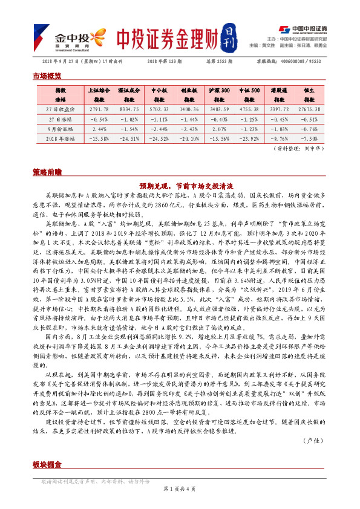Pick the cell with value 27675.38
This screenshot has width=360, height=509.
pyautogui.click(x=310, y=109)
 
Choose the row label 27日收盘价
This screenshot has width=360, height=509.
pyautogui.click(x=60, y=109)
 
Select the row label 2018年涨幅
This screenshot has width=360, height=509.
pyautogui.click(x=60, y=138)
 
